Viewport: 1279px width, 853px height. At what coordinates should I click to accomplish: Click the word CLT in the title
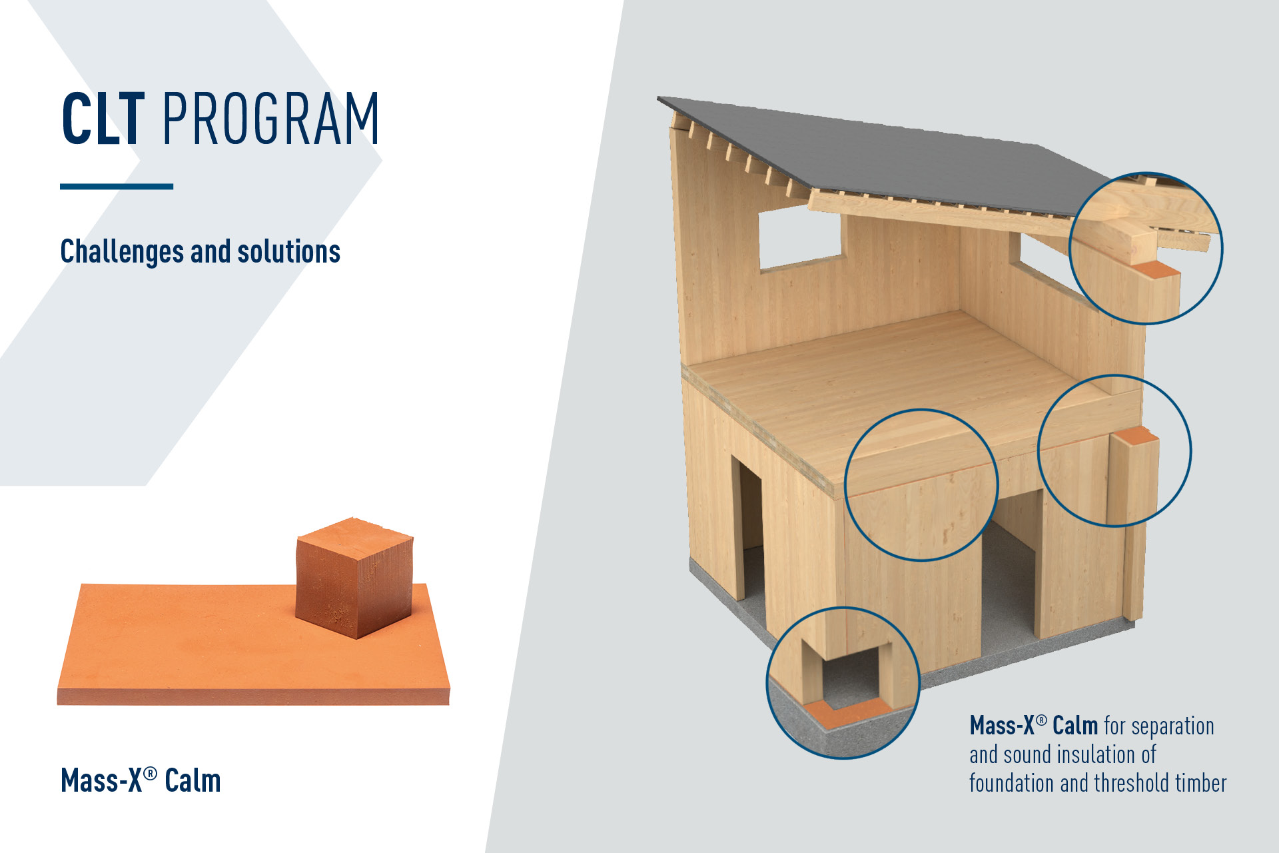[103, 119]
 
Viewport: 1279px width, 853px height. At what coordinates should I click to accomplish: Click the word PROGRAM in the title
[270, 119]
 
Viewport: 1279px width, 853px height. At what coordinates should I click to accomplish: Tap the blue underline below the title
[117, 187]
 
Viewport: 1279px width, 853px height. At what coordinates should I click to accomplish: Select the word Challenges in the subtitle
[122, 252]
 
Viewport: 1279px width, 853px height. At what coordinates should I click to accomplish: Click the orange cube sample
[354, 577]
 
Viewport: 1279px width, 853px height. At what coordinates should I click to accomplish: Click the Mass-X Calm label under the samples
[141, 780]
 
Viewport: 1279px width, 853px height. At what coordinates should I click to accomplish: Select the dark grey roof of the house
[886, 157]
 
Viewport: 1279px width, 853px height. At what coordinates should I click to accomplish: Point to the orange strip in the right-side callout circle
[1135, 436]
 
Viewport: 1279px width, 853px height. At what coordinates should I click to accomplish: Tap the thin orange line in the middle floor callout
[923, 478]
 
